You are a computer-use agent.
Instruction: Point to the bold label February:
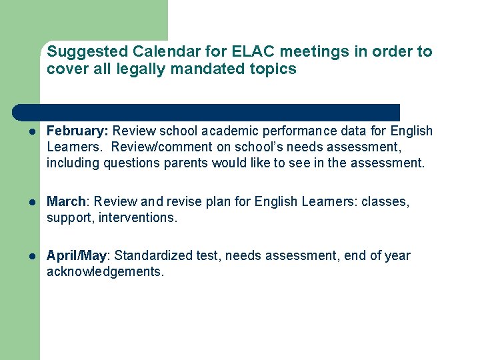coord(77,131)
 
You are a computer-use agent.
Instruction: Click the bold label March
coord(67,201)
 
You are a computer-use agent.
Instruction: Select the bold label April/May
coord(77,256)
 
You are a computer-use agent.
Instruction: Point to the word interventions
coord(139,217)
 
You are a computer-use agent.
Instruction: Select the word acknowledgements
coord(105,272)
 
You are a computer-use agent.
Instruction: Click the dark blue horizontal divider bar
coord(207,111)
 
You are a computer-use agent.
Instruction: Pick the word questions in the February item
coord(129,162)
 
